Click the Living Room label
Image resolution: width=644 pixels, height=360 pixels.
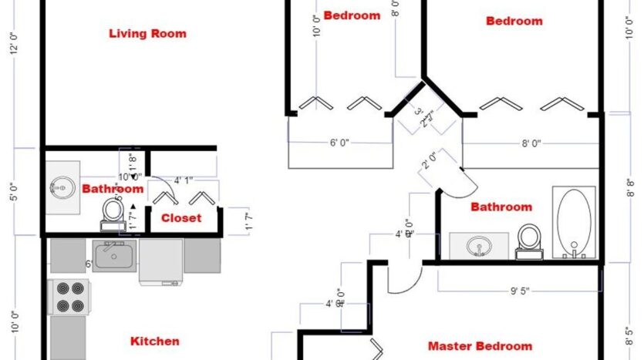147,33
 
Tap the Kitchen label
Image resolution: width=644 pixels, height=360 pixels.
154,341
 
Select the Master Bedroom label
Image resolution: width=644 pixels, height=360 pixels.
480,346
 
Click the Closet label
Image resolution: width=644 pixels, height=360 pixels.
181,218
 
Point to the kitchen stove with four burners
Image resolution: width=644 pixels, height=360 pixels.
69,297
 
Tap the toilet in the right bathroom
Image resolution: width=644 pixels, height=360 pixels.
529,238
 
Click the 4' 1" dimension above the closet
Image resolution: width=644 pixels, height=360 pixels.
184,180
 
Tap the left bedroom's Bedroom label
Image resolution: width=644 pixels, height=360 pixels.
352,15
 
